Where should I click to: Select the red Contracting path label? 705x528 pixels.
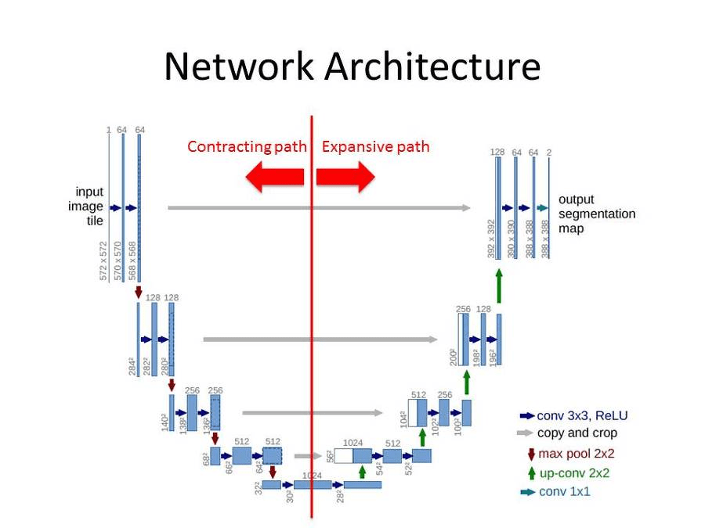[x=246, y=147]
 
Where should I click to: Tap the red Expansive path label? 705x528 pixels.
[x=375, y=147]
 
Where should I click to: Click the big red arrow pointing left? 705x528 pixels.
[x=274, y=178]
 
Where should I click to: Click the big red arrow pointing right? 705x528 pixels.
[x=346, y=178]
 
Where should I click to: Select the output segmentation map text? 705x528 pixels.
[x=596, y=214]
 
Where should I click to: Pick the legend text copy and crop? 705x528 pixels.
[x=577, y=433]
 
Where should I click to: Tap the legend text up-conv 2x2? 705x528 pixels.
[x=574, y=472]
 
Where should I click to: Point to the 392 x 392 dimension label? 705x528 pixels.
[x=490, y=239]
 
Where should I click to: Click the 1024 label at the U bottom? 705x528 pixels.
[x=313, y=475]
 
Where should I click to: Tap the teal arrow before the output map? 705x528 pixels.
[x=542, y=208]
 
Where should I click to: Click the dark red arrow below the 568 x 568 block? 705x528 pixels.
[x=139, y=293]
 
